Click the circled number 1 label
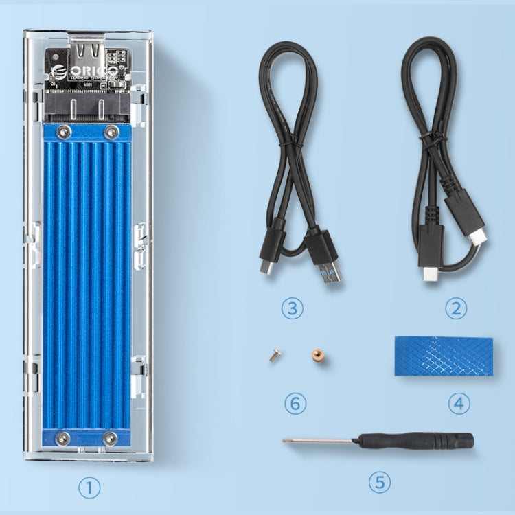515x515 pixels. pyautogui.click(x=89, y=488)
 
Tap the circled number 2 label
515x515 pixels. pyautogui.click(x=455, y=308)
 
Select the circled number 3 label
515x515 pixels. pyautogui.click(x=293, y=308)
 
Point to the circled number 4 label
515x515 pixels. pyautogui.click(x=459, y=402)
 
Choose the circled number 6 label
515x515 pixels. pyautogui.click(x=295, y=403)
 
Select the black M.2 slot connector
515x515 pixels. pyautogui.click(x=87, y=108)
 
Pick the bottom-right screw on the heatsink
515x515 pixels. pyautogui.click(x=110, y=437)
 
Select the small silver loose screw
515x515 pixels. pyautogui.click(x=274, y=356)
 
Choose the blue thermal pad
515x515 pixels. pyautogui.click(x=444, y=355)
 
